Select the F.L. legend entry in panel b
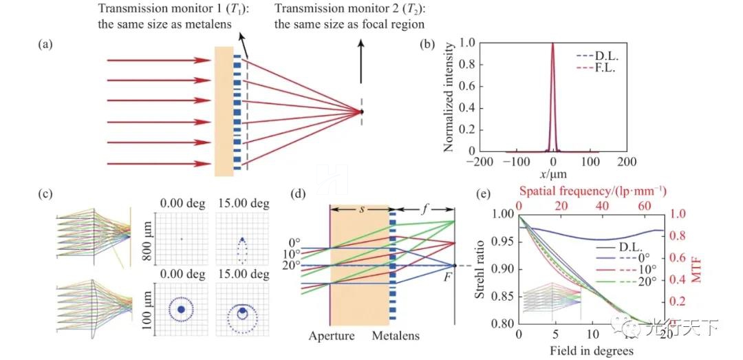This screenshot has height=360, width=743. pyautogui.click(x=596, y=68)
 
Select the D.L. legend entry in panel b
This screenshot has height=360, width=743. pyautogui.click(x=596, y=56)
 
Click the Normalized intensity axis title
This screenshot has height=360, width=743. pyautogui.click(x=448, y=96)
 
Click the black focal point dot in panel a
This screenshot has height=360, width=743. pyautogui.click(x=362, y=112)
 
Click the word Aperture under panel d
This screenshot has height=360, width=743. pyautogui.click(x=331, y=337)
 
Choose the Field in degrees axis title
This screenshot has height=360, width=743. pyautogui.click(x=591, y=350)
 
